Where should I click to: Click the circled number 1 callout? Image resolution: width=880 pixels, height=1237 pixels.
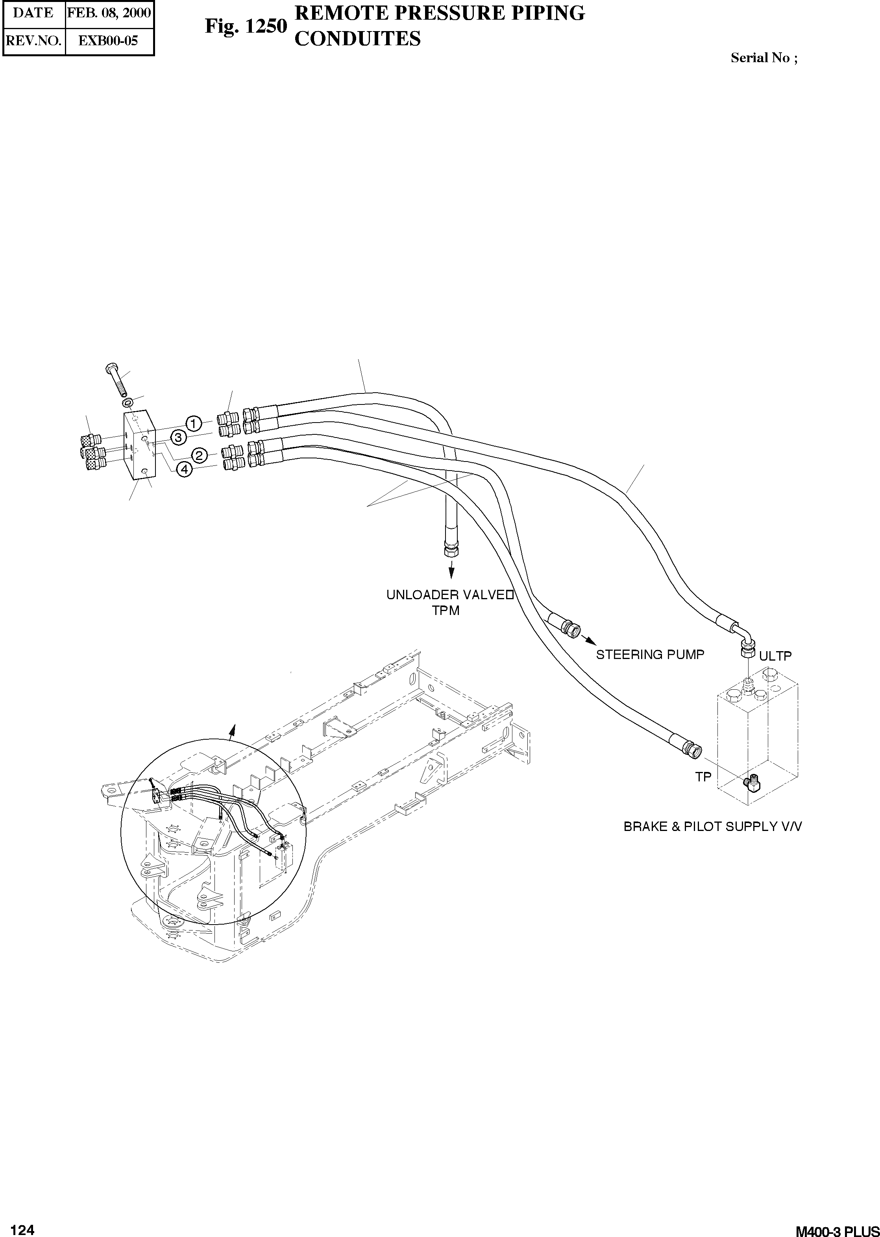click(194, 423)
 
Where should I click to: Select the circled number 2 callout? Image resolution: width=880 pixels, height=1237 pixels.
click(200, 455)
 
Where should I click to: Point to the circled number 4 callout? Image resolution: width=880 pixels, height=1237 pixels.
click(185, 469)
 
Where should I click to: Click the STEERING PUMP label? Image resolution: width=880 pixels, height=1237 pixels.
click(650, 655)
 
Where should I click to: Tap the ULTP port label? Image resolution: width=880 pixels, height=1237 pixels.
click(775, 656)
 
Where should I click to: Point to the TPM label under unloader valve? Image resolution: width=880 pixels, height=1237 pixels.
click(446, 611)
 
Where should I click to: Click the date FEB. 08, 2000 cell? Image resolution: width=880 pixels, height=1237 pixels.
click(109, 13)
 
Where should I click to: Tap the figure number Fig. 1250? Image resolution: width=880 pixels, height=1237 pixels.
click(246, 26)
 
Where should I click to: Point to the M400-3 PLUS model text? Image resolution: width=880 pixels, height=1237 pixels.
click(837, 1217)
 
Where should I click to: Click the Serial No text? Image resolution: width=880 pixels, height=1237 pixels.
click(764, 58)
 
